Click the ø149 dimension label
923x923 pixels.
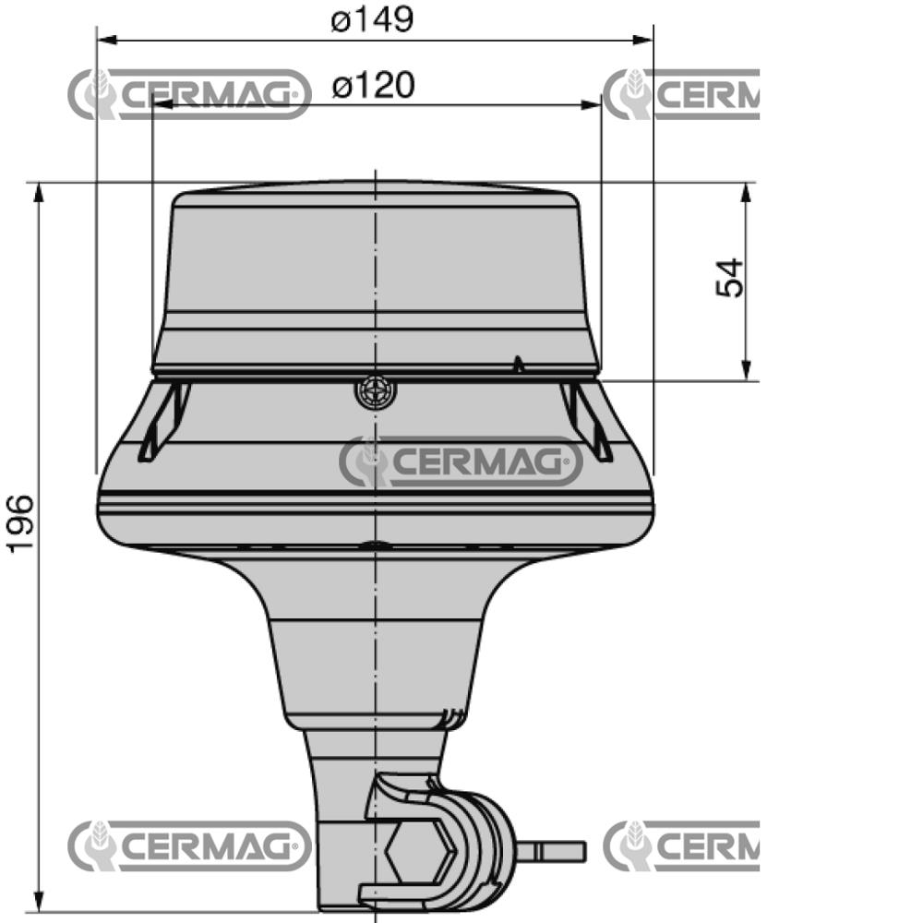coord(372,19)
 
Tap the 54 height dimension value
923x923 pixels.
coord(729,278)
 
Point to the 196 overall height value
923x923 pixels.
coord(20,524)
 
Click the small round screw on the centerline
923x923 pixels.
coord(375,392)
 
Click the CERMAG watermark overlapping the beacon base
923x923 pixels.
coord(461,461)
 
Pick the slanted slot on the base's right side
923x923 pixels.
coord(588,422)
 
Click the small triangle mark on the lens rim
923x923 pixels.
coord(519,364)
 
